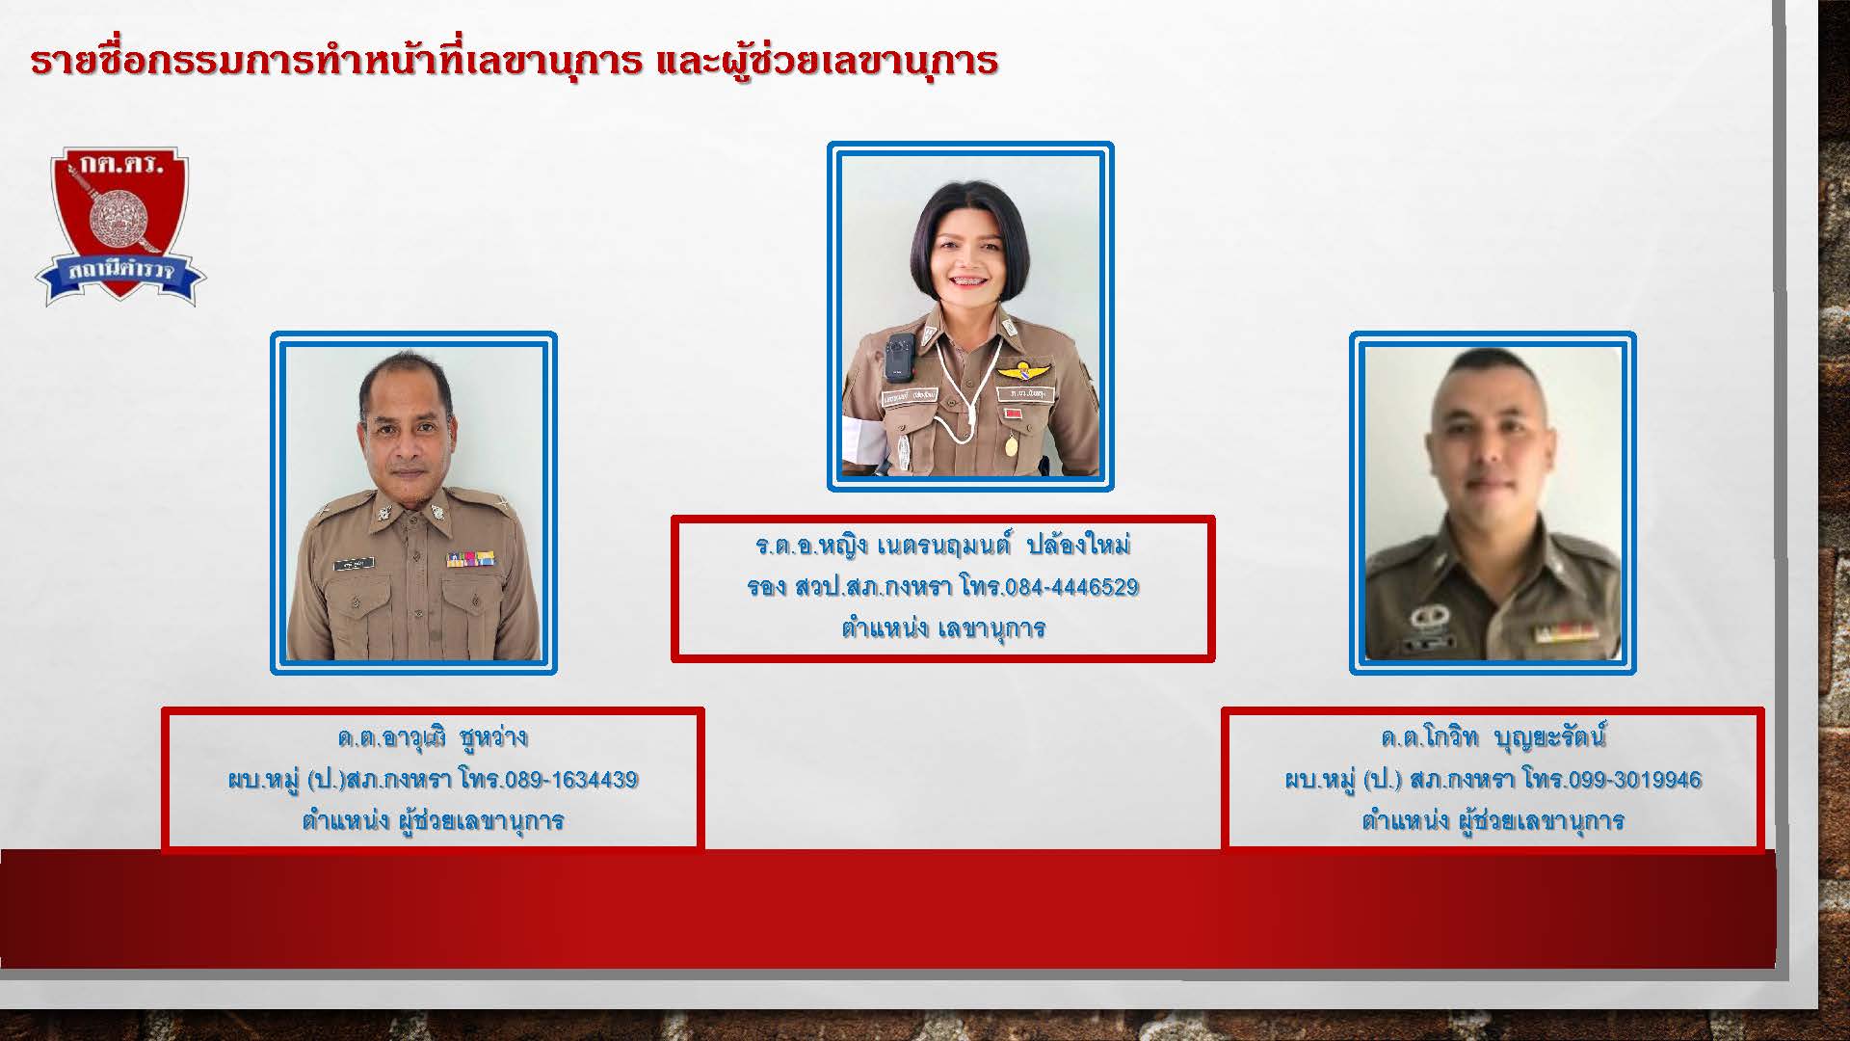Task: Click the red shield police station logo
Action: pyautogui.click(x=120, y=227)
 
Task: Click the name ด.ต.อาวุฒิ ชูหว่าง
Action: pyautogui.click(x=433, y=738)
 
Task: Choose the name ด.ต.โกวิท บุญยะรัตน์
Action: pyautogui.click(x=1493, y=738)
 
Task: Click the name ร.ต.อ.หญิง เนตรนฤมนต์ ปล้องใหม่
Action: pyautogui.click(x=942, y=546)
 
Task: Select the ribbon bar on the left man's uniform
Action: pyautogui.click(x=470, y=559)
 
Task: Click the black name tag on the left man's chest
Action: pyautogui.click(x=354, y=565)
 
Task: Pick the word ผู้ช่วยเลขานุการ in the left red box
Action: pyautogui.click(x=482, y=821)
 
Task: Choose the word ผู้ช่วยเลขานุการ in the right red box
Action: pyautogui.click(x=1542, y=821)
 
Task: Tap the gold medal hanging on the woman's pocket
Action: pyautogui.click(x=1011, y=446)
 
